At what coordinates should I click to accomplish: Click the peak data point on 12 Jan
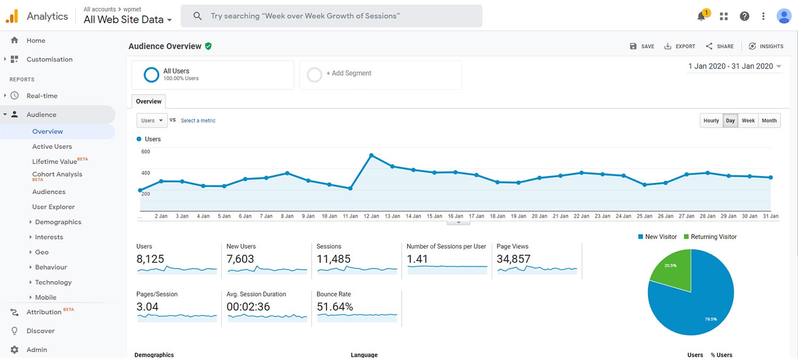pyautogui.click(x=371, y=155)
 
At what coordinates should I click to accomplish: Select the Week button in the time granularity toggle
pyautogui.click(x=748, y=121)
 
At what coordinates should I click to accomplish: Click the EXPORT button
pyautogui.click(x=680, y=46)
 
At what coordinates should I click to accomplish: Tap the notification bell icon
pyautogui.click(x=701, y=16)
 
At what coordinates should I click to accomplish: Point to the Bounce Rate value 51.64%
pyautogui.click(x=335, y=307)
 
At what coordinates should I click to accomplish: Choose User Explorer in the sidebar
pyautogui.click(x=53, y=207)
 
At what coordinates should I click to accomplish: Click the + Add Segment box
pyautogui.click(x=380, y=73)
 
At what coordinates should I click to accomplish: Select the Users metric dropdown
pyautogui.click(x=152, y=121)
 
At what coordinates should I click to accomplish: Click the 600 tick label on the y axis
pyautogui.click(x=145, y=152)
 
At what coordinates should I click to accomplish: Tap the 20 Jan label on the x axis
pyautogui.click(x=539, y=216)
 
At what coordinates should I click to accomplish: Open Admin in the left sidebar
pyautogui.click(x=37, y=349)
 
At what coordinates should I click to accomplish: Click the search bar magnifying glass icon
pyautogui.click(x=197, y=16)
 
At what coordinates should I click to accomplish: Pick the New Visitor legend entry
pyautogui.click(x=657, y=237)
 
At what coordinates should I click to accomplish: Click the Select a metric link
pyautogui.click(x=198, y=121)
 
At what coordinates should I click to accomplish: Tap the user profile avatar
pyautogui.click(x=784, y=16)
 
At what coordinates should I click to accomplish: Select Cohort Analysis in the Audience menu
pyautogui.click(x=57, y=174)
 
